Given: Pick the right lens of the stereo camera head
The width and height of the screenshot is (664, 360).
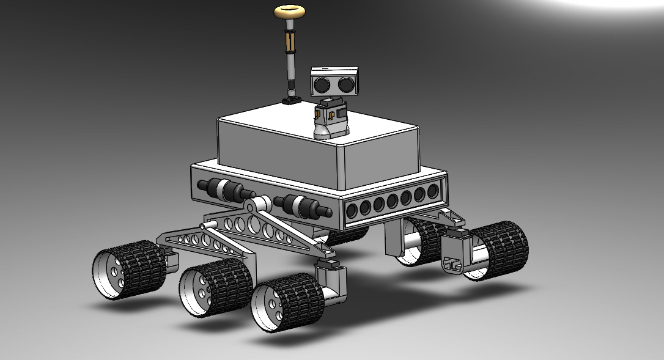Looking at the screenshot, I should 345,81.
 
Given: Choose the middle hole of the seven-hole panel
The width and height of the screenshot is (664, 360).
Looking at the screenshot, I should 393,200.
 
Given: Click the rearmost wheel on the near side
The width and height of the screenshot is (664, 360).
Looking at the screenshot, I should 129,270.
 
